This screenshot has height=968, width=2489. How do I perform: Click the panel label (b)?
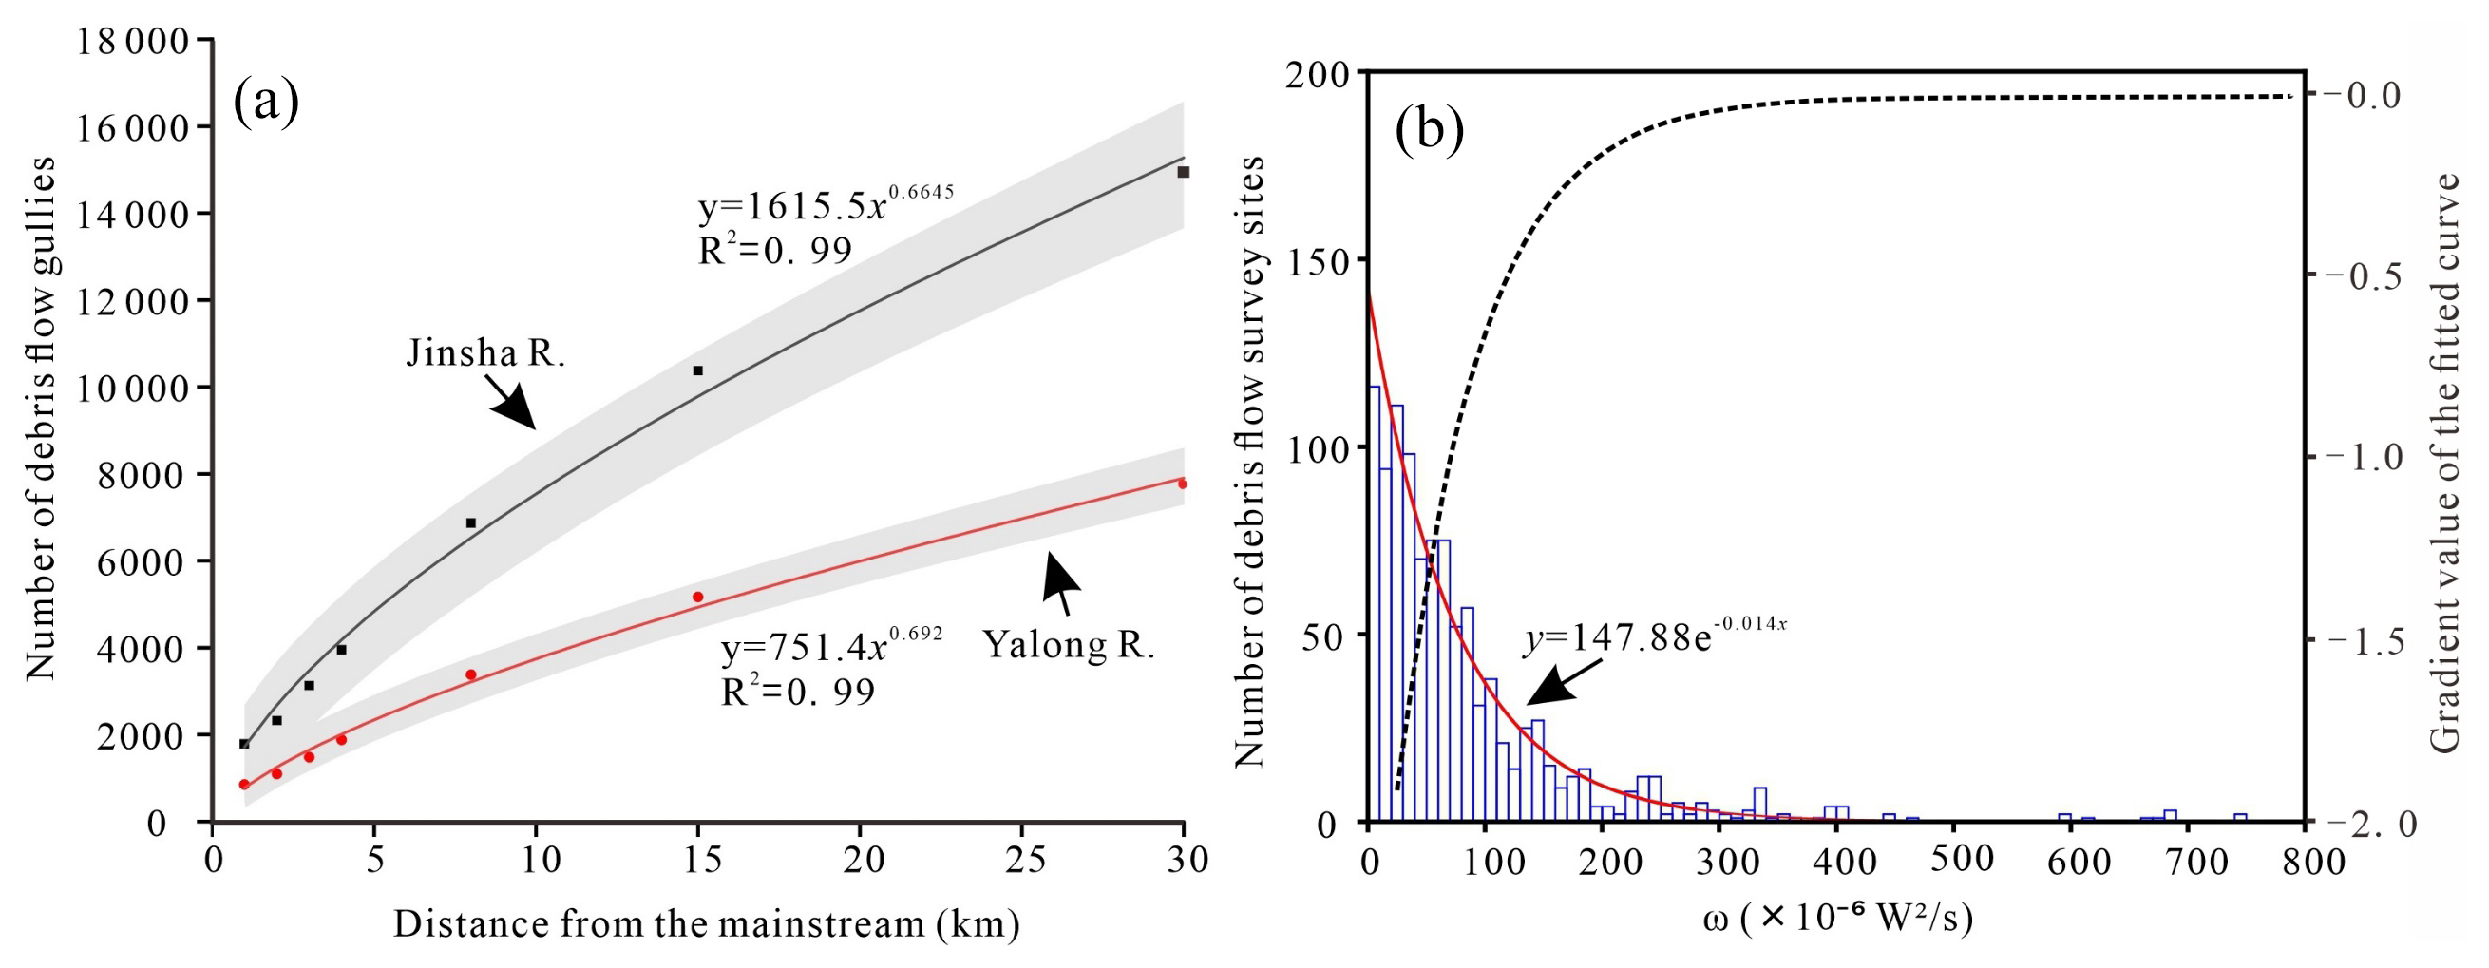tap(1429, 130)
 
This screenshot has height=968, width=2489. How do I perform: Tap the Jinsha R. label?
tap(485, 353)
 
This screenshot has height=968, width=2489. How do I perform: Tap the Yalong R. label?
tap(1069, 644)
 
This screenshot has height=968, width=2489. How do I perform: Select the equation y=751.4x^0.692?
tap(831, 648)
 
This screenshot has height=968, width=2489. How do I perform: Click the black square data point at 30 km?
tap(1183, 172)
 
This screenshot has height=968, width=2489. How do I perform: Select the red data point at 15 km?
tap(697, 597)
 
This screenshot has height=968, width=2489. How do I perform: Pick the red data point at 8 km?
tap(470, 674)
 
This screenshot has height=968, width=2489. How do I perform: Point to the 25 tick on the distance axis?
tap(1020, 859)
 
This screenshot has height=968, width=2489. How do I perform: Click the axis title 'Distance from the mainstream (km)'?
tap(706, 924)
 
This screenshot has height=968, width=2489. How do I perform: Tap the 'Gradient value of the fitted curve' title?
tap(2443, 464)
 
